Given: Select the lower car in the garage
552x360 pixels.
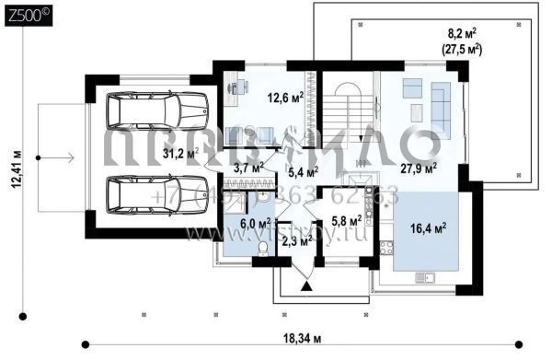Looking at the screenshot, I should pos(155,194).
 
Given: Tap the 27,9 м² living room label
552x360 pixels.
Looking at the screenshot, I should pos(419,168).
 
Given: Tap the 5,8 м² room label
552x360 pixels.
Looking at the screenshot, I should pos(347,222).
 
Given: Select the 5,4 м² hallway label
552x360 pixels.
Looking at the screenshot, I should pos(303,171).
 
